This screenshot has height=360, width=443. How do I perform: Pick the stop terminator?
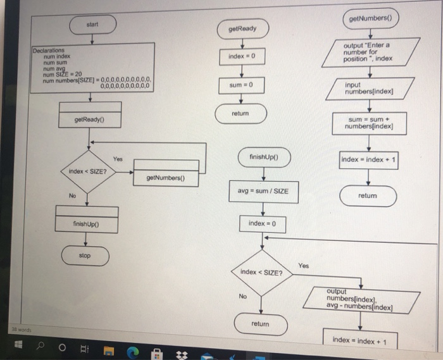pos(85,256)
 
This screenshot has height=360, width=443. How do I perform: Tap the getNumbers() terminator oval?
pos(370,19)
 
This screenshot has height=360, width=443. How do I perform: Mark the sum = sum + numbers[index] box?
pos(371,123)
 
